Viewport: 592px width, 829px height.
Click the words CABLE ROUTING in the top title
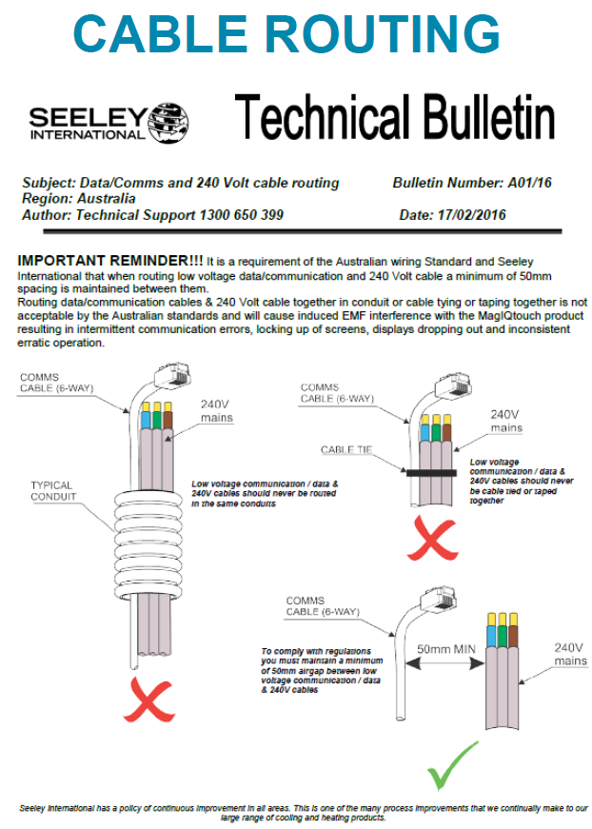pyautogui.click(x=286, y=34)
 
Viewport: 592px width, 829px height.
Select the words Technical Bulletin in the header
pyautogui.click(x=394, y=118)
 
